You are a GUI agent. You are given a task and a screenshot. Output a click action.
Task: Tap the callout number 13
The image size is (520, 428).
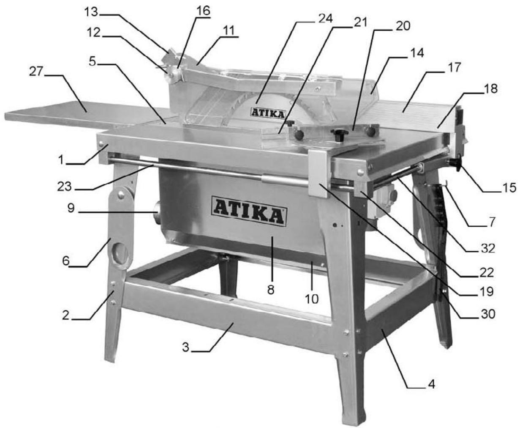tap(91, 12)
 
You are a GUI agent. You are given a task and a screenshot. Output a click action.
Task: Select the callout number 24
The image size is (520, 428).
tap(326, 19)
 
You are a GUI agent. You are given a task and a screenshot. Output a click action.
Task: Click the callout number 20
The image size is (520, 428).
tap(403, 26)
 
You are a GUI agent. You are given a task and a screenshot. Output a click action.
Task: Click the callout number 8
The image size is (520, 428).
tap(271, 290)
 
